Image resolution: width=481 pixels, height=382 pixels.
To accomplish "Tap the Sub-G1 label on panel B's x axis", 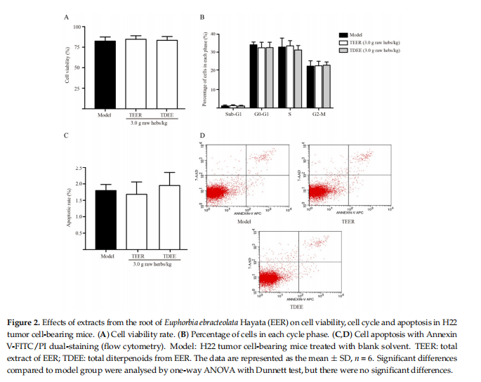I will click(x=234, y=114).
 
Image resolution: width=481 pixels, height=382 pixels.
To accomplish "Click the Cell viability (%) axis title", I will click(x=67, y=66).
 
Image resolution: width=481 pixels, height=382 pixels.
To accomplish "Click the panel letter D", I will click(x=203, y=136).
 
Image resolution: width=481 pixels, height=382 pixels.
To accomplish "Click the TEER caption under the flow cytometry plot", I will click(x=343, y=221).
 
